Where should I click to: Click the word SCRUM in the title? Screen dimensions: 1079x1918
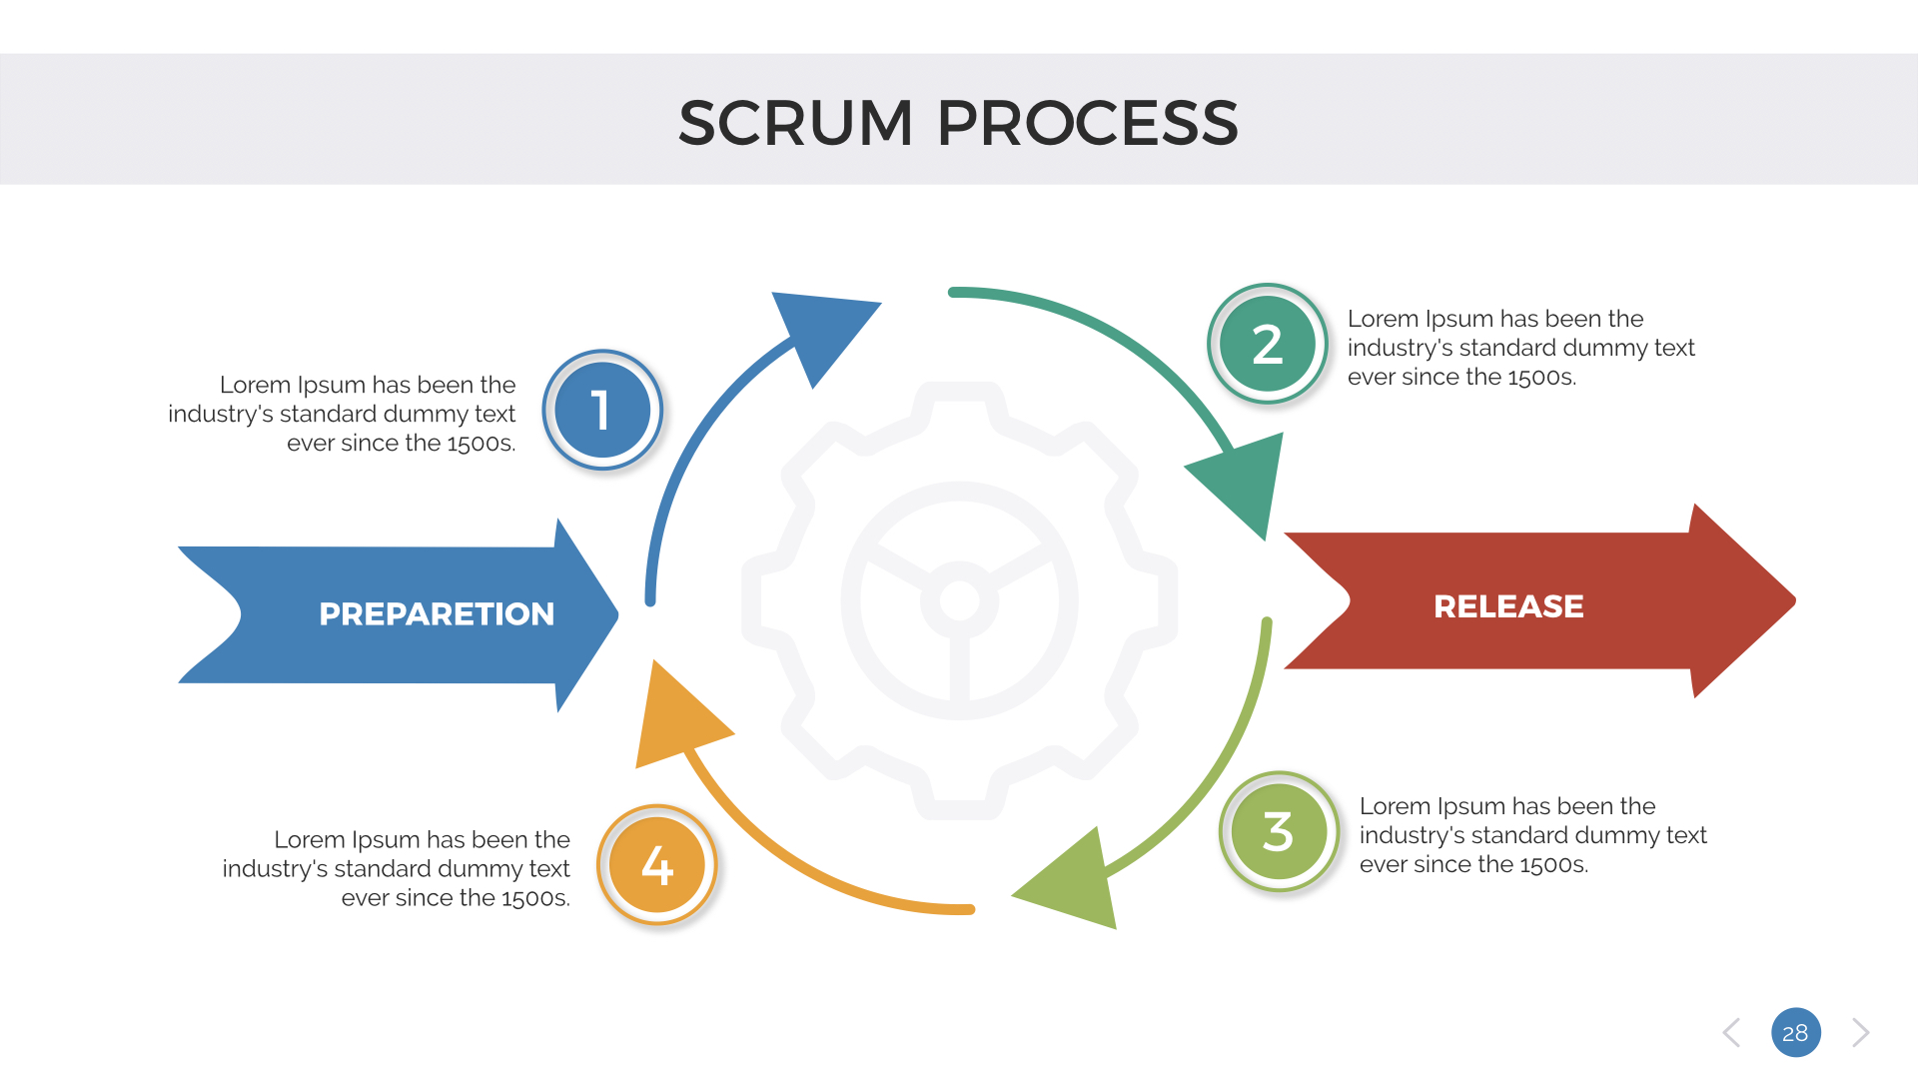click(795, 123)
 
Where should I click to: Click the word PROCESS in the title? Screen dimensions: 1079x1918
click(1087, 123)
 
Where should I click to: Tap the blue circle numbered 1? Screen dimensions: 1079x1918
click(602, 411)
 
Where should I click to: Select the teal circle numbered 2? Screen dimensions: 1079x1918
click(1268, 344)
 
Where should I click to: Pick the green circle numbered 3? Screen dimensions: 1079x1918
click(1279, 831)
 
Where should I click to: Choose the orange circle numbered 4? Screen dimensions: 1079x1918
click(657, 865)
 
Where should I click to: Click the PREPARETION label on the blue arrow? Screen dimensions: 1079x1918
click(437, 613)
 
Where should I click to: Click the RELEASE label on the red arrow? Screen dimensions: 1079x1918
click(1508, 606)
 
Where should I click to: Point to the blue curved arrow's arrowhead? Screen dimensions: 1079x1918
click(821, 330)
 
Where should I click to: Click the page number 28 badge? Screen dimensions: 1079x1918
click(1795, 1032)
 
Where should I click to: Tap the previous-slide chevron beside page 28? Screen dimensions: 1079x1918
click(1732, 1032)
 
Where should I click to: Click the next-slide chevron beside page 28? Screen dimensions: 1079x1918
click(1859, 1032)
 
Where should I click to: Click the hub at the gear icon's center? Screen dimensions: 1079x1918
click(960, 600)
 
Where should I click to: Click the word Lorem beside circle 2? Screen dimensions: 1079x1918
click(1383, 319)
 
